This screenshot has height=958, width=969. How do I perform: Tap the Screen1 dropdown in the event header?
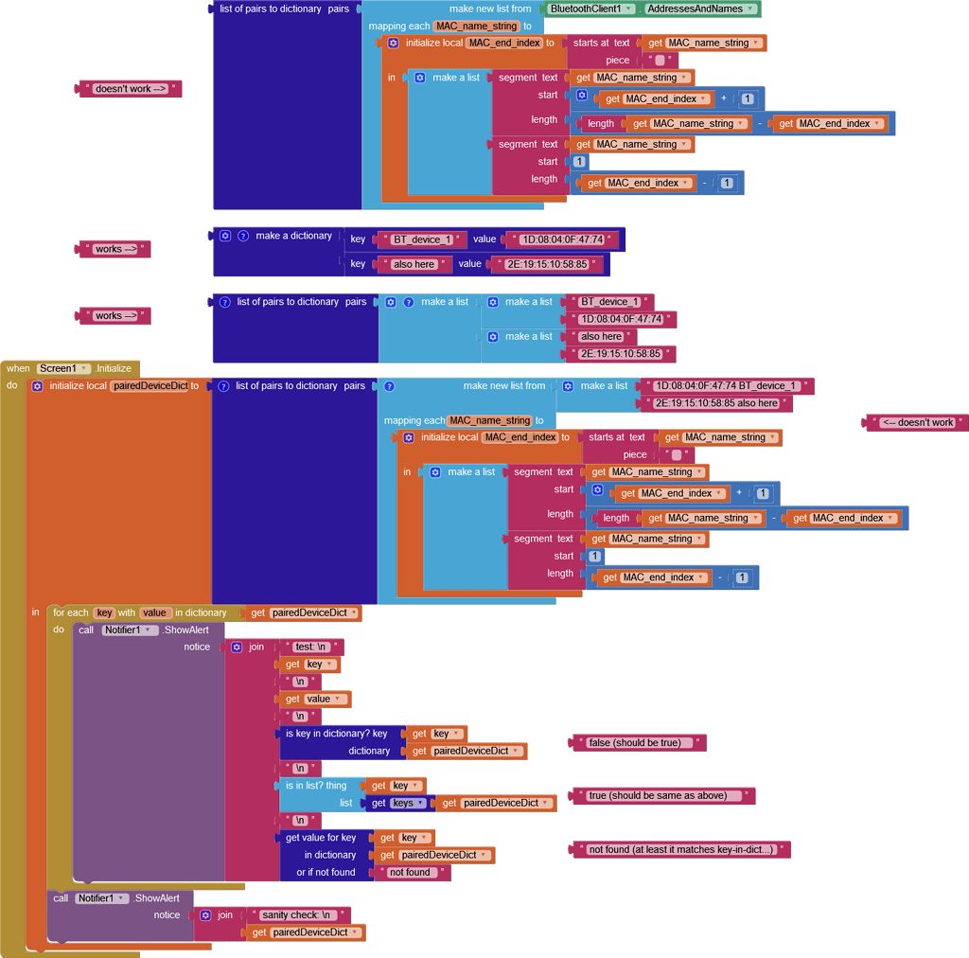click(63, 368)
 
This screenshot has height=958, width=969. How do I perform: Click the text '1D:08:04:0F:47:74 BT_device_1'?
click(727, 386)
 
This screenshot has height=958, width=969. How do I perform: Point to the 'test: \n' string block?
click(311, 647)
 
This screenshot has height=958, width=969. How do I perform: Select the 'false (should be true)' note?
click(634, 743)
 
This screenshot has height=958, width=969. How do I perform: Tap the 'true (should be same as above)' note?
click(658, 796)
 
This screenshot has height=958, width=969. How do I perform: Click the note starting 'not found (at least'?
click(680, 850)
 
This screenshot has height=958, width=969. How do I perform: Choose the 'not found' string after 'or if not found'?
click(410, 873)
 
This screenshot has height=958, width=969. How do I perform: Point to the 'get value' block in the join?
click(314, 700)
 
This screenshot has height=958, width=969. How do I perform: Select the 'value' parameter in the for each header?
click(155, 612)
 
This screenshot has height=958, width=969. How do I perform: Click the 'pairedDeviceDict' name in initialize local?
click(150, 386)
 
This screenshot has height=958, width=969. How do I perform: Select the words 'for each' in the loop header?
click(71, 612)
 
